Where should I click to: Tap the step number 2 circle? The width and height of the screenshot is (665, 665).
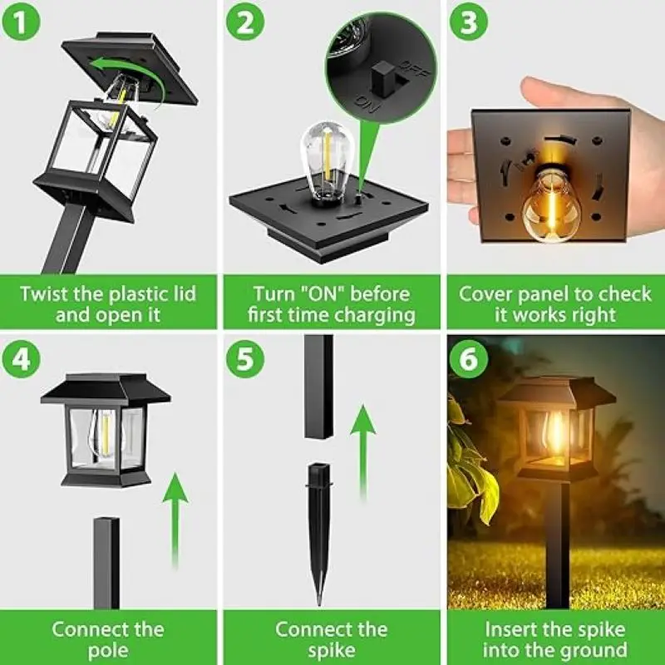246,22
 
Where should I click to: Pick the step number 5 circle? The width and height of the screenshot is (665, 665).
246,359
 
